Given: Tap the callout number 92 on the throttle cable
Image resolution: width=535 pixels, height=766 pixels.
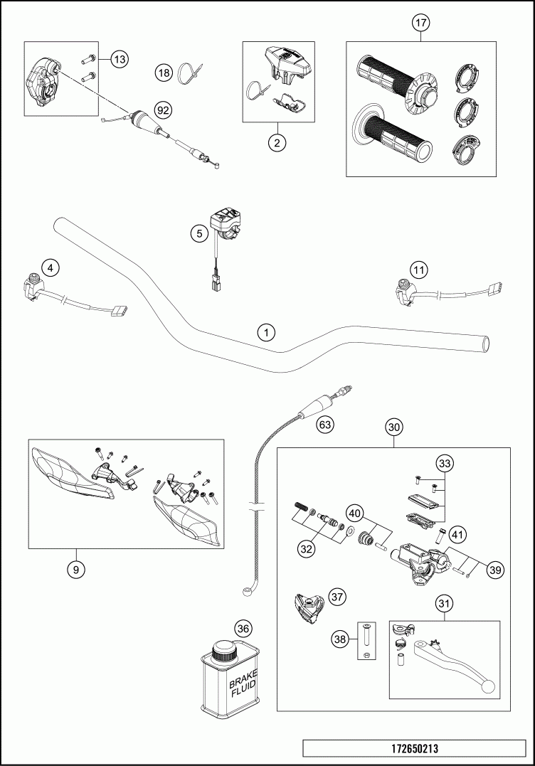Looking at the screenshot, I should click(164, 110).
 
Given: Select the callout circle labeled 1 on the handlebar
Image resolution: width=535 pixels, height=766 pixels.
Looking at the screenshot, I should click(265, 332).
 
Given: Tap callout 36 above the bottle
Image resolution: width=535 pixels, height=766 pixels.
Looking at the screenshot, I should click(243, 629).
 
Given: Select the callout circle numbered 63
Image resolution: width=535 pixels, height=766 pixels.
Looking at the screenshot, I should click(324, 425).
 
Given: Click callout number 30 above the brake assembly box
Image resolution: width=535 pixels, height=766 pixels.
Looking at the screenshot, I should click(394, 427).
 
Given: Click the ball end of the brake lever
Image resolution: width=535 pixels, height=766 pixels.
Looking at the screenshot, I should click(488, 686).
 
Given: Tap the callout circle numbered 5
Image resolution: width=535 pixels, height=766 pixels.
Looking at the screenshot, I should click(200, 232).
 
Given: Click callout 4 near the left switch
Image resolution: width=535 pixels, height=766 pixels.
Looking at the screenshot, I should click(50, 267).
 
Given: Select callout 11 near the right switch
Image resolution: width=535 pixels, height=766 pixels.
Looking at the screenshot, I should click(420, 270).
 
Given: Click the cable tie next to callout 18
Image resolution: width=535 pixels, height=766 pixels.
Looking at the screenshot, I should click(190, 73).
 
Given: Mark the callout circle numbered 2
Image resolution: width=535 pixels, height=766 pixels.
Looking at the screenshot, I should click(277, 142).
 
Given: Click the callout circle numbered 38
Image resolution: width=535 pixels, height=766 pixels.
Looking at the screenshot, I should click(339, 639).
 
